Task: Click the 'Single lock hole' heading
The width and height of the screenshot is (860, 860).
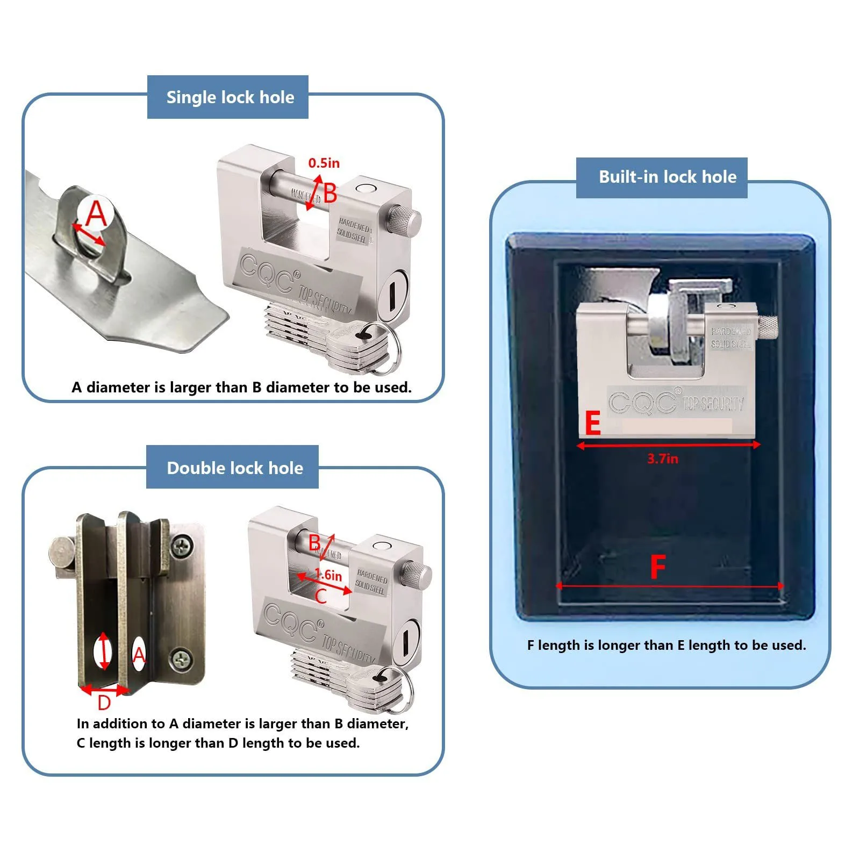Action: [x=230, y=97]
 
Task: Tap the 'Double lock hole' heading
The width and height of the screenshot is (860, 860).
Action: [x=235, y=468]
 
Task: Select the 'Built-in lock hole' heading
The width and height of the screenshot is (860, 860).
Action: [x=667, y=177]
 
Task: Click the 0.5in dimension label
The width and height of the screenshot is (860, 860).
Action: [x=324, y=163]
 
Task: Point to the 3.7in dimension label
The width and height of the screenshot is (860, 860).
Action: [x=662, y=458]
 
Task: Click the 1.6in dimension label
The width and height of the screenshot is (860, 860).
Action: [x=328, y=575]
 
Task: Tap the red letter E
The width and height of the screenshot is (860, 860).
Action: [x=592, y=424]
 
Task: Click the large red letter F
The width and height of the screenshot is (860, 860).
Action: [x=658, y=567]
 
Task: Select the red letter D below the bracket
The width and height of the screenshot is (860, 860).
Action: [x=104, y=703]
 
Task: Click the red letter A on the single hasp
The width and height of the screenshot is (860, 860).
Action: [x=97, y=213]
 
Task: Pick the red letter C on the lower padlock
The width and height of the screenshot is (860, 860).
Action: [x=320, y=596]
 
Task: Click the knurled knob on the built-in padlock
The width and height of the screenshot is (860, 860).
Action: [x=768, y=328]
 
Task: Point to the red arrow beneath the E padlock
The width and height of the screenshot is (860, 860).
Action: [x=668, y=445]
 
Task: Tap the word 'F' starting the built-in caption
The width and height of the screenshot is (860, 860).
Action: [x=531, y=645]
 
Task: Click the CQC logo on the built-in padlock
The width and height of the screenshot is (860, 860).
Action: [x=642, y=402]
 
